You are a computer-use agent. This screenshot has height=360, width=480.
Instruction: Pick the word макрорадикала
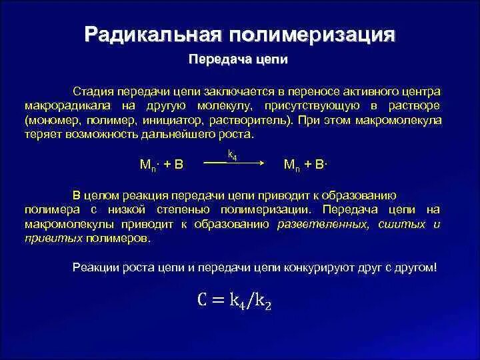coord(63,105)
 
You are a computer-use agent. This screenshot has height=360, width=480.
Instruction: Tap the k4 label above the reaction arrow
coord(233,155)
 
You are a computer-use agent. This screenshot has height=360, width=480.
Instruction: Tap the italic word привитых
coord(53,239)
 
